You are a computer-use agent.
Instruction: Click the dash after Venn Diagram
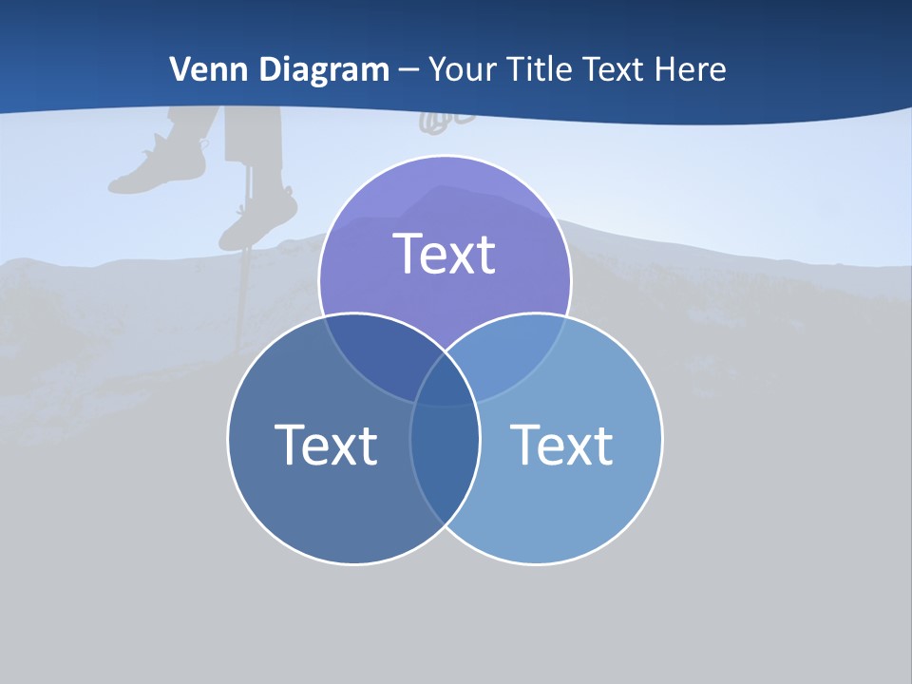pos(408,70)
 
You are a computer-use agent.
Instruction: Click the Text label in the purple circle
pos(445,254)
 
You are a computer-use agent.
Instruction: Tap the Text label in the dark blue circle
pos(326,444)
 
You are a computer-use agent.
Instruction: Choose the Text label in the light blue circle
pos(561,444)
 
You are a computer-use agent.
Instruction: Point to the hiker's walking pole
pos(244,275)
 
